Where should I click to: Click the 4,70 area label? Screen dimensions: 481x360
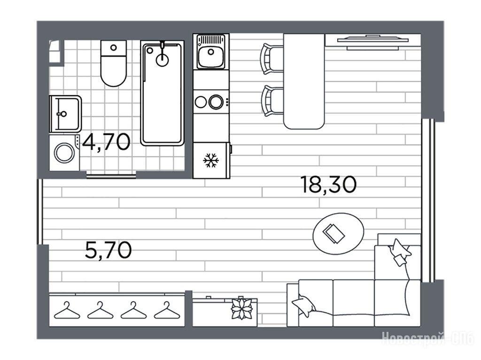(x=106, y=142)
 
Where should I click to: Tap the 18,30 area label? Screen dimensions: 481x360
(x=329, y=184)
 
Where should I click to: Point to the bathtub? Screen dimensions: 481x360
(x=162, y=93)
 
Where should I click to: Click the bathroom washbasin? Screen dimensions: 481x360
(x=65, y=114)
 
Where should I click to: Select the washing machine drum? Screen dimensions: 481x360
(x=64, y=153)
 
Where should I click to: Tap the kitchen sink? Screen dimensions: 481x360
(x=211, y=52)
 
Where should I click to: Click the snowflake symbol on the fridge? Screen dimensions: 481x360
(x=211, y=160)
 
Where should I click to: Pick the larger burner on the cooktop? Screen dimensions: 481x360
(x=216, y=102)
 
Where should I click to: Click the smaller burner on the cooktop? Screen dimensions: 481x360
(x=201, y=102)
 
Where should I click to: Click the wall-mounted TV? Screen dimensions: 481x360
(x=372, y=42)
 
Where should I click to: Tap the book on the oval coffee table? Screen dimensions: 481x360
(x=334, y=234)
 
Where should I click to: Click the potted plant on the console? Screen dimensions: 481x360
(x=242, y=308)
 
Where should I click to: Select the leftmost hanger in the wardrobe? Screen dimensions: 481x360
(x=67, y=311)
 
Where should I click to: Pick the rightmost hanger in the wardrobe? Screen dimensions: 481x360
(x=167, y=311)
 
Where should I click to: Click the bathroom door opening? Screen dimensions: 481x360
(x=111, y=176)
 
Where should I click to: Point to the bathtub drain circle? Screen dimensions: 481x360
(x=162, y=60)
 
